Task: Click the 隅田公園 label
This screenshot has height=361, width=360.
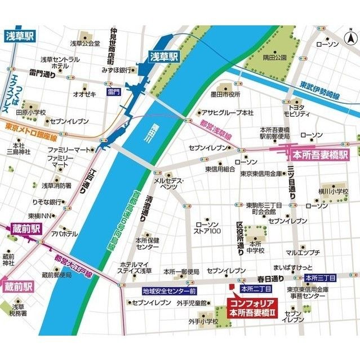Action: pyautogui.click(x=275, y=57)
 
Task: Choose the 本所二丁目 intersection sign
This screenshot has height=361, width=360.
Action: pyautogui.click(x=256, y=288)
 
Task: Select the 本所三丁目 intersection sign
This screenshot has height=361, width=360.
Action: pyautogui.click(x=320, y=278)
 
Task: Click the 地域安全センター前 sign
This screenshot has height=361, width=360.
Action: pyautogui.click(x=168, y=291)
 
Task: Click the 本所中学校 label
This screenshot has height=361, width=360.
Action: pyautogui.click(x=254, y=247)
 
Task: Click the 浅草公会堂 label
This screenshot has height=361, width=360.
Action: pyautogui.click(x=85, y=43)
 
